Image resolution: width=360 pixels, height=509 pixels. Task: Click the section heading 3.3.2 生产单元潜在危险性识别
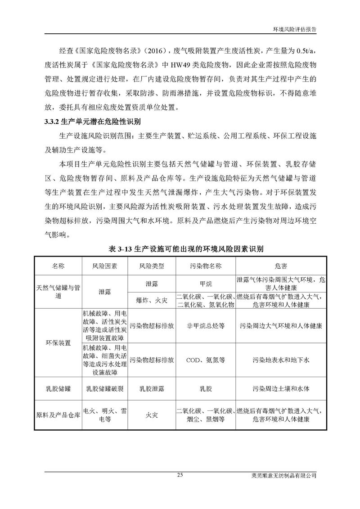point(93,121)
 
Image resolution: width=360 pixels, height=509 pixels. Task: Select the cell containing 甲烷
point(205,284)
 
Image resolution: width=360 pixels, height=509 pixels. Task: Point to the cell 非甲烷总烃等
point(205,325)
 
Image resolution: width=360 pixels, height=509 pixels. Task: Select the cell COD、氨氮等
point(205,360)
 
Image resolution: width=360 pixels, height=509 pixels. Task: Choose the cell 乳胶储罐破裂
point(105,387)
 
